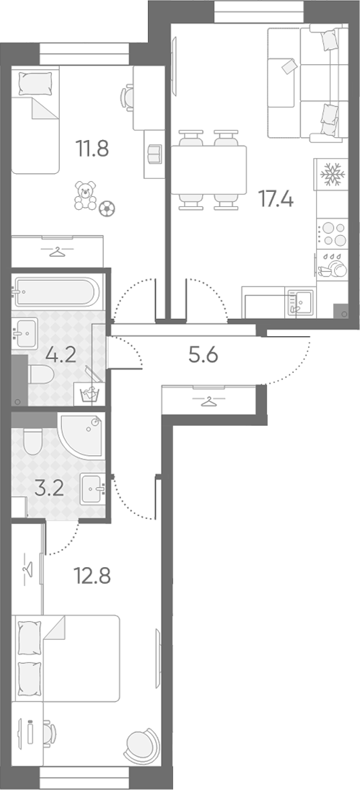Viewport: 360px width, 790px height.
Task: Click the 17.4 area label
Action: [x=276, y=198]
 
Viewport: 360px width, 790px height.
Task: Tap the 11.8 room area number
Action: [x=92, y=149]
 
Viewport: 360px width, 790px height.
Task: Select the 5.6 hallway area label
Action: [x=203, y=356]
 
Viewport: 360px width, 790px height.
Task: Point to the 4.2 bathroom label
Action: [x=60, y=355]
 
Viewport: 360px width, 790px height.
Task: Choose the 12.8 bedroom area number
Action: [x=92, y=575]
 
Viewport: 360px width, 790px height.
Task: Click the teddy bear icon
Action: [x=85, y=196]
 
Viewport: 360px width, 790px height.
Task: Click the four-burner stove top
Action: [x=332, y=234]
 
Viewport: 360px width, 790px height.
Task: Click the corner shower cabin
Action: [x=82, y=434]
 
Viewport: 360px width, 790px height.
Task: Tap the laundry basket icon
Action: [x=89, y=394]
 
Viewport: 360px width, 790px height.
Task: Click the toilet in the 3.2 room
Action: [x=34, y=441]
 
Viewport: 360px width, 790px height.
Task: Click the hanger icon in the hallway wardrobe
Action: [x=207, y=402]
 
